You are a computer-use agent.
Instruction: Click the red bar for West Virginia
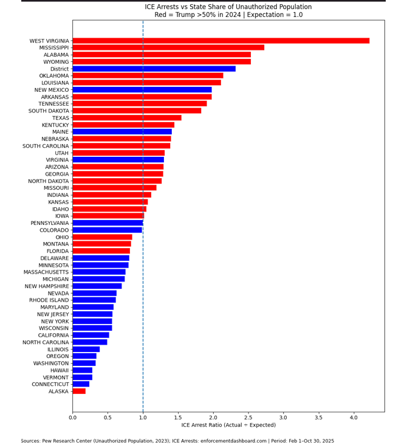click(x=221, y=41)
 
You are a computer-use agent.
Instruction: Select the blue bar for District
click(x=154, y=69)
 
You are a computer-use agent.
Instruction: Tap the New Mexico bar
click(x=142, y=90)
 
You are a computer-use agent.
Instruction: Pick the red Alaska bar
click(x=79, y=391)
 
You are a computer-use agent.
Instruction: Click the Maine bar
click(x=122, y=132)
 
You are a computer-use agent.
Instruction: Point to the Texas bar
click(x=127, y=118)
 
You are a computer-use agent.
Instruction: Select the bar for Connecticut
click(x=81, y=384)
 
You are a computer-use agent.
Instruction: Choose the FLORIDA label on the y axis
click(x=58, y=251)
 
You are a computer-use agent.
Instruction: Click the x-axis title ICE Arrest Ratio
click(x=228, y=426)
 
